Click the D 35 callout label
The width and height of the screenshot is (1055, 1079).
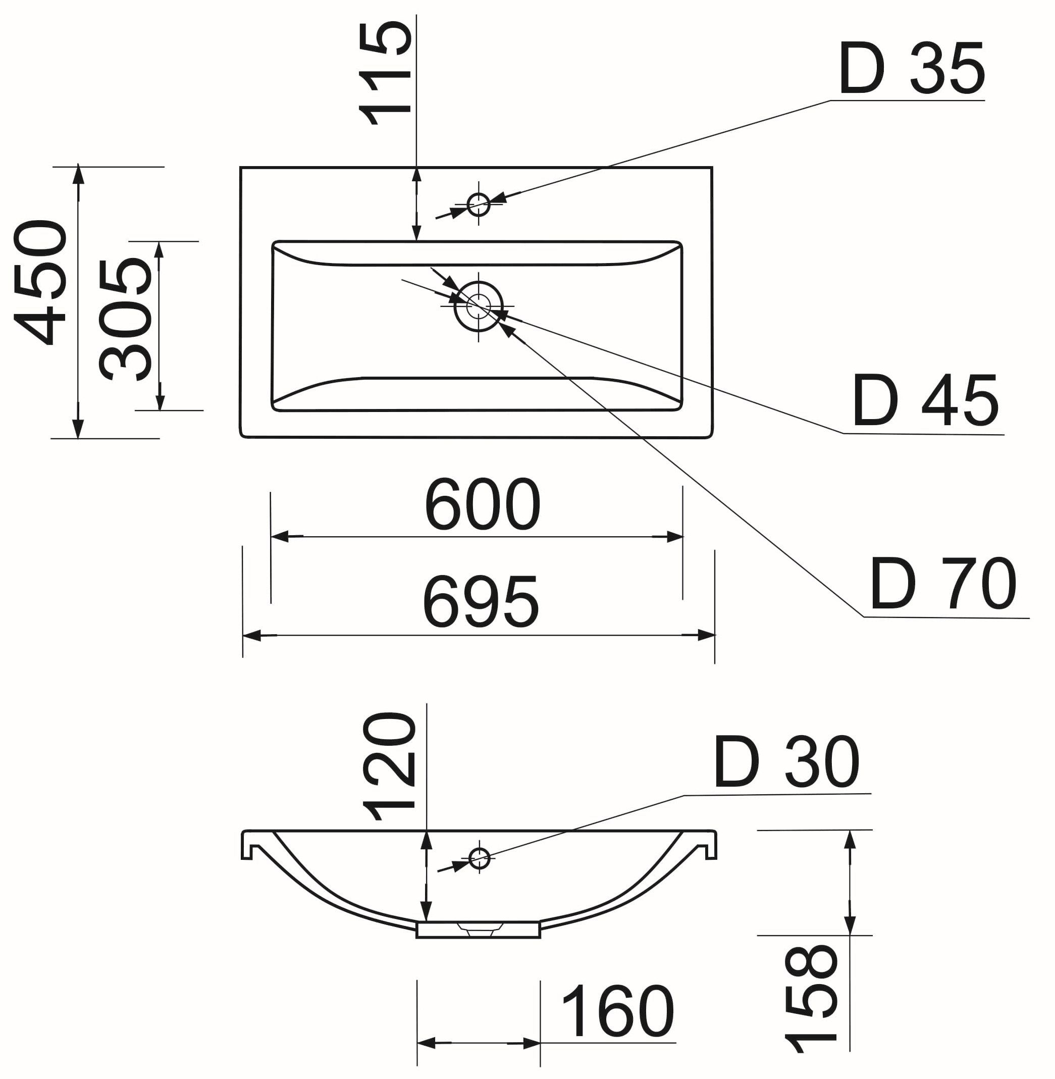pos(911,69)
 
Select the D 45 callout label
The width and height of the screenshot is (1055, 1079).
pos(925,401)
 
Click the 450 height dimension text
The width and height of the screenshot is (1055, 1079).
pos(40,283)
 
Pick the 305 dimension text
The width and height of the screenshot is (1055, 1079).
pos(126,319)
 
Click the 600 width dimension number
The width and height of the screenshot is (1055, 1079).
pos(482,504)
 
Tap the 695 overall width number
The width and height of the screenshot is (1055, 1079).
pos(481,602)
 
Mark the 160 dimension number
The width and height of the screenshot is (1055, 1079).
pos(617,1011)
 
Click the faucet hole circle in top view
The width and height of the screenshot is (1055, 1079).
pos(478,204)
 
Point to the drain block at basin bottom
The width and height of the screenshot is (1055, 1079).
pos(478,930)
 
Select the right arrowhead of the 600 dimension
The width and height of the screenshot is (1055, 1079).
pos(674,536)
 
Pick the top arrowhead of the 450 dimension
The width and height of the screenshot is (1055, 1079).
pos(78,175)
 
